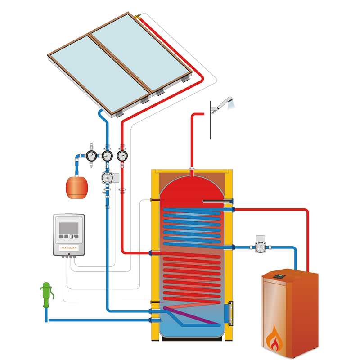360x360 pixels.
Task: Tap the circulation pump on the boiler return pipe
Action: coord(261,246)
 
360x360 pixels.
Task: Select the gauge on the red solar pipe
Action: coord(121,156)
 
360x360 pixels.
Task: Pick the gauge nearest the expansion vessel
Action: coord(92,156)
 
